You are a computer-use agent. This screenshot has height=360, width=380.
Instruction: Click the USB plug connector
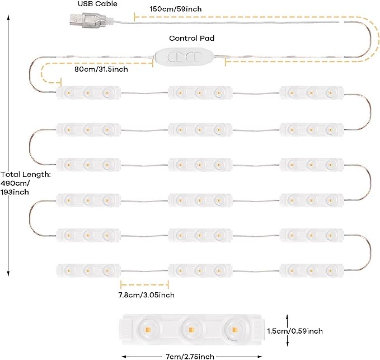(88, 20)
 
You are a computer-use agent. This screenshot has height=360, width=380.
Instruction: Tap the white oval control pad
(184, 58)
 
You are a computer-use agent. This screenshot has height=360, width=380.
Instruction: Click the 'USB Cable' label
(97, 3)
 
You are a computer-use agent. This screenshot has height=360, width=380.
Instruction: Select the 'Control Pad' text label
(192, 38)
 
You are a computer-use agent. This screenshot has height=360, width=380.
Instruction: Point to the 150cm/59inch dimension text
(176, 9)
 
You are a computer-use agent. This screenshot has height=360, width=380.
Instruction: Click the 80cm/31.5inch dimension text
(101, 69)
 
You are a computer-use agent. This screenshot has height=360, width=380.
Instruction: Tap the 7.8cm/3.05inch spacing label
(147, 295)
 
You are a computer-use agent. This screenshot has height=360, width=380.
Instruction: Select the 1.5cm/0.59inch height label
(295, 331)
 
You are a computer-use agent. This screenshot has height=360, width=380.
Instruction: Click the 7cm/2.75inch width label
(190, 357)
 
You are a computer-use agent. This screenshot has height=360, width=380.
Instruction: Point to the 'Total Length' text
(26, 174)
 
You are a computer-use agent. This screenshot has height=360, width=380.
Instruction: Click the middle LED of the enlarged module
(191, 330)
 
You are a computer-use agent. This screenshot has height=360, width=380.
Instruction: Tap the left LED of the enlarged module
(148, 330)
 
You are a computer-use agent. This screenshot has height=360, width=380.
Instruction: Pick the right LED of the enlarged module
(234, 330)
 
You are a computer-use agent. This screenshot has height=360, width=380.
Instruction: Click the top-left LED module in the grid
(88, 92)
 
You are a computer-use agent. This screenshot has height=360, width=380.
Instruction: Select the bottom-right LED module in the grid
(312, 270)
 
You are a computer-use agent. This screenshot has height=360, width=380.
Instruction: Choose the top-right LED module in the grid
(312, 92)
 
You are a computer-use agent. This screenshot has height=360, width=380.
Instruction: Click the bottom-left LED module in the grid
(88, 270)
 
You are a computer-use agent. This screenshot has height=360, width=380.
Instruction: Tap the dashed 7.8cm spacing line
(144, 284)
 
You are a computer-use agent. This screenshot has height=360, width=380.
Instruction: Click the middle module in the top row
(200, 92)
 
